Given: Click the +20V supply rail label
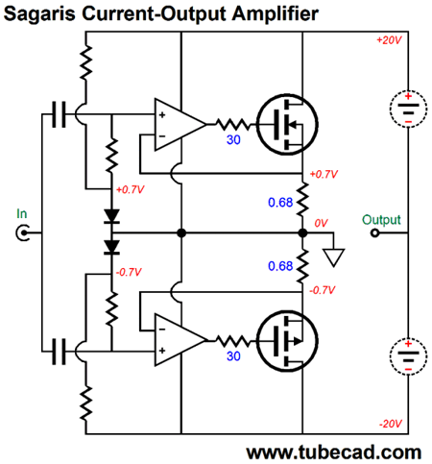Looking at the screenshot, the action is [389, 40].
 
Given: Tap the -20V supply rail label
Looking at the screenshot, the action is [390, 424].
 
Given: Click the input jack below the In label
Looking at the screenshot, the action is [23, 232].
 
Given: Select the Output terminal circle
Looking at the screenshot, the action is [374, 232].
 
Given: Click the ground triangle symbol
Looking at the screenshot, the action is [334, 257].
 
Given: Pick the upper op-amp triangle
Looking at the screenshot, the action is [180, 124].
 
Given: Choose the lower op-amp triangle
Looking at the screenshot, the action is [180, 340].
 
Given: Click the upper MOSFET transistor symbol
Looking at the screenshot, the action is [287, 125].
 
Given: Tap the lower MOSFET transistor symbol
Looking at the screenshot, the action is [287, 341].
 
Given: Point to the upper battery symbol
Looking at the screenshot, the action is [408, 109].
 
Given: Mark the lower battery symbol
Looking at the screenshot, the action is [408, 356].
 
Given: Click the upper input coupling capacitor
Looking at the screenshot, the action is [59, 114].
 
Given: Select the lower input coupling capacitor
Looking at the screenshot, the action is [59, 352].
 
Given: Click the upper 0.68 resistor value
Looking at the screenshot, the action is [280, 203].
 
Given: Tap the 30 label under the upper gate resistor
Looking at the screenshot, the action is [233, 140].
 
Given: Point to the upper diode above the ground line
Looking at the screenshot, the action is [111, 216].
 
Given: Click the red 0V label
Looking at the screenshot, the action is [321, 223].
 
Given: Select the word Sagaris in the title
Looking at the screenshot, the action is [39, 14].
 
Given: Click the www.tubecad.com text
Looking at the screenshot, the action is [333, 452].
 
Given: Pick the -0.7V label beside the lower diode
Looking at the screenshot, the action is [129, 273].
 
